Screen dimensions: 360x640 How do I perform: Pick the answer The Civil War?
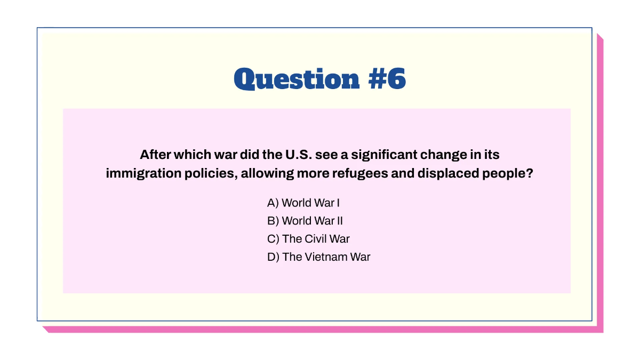tap(308, 238)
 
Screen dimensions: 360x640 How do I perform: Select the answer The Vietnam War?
tap(318, 257)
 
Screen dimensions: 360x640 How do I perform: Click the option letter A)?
tap(273, 203)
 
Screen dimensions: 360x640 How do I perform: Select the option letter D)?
tap(273, 257)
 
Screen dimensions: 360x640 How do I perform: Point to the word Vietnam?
tap(325, 257)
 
